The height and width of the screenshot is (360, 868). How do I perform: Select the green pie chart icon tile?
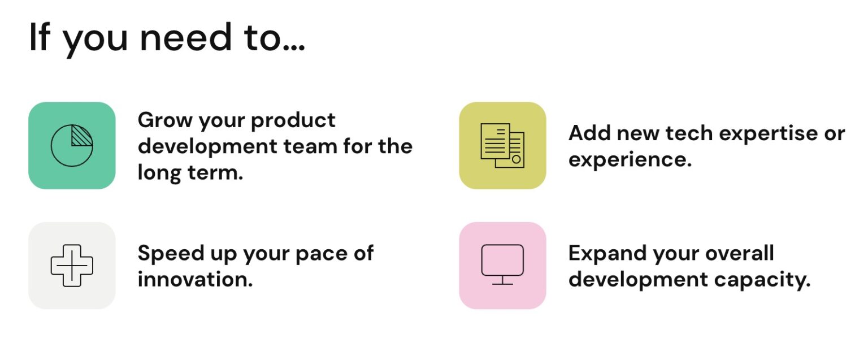click(x=72, y=145)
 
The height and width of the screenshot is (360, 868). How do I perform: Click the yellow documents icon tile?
click(x=502, y=145)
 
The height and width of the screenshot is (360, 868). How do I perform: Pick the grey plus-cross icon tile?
click(x=72, y=265)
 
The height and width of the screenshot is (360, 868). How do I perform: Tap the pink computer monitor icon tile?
click(x=502, y=265)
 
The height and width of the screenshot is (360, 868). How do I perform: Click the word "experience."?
click(x=630, y=161)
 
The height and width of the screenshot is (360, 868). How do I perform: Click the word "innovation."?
click(x=195, y=279)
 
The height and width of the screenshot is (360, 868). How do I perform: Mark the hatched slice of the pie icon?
click(x=82, y=136)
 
